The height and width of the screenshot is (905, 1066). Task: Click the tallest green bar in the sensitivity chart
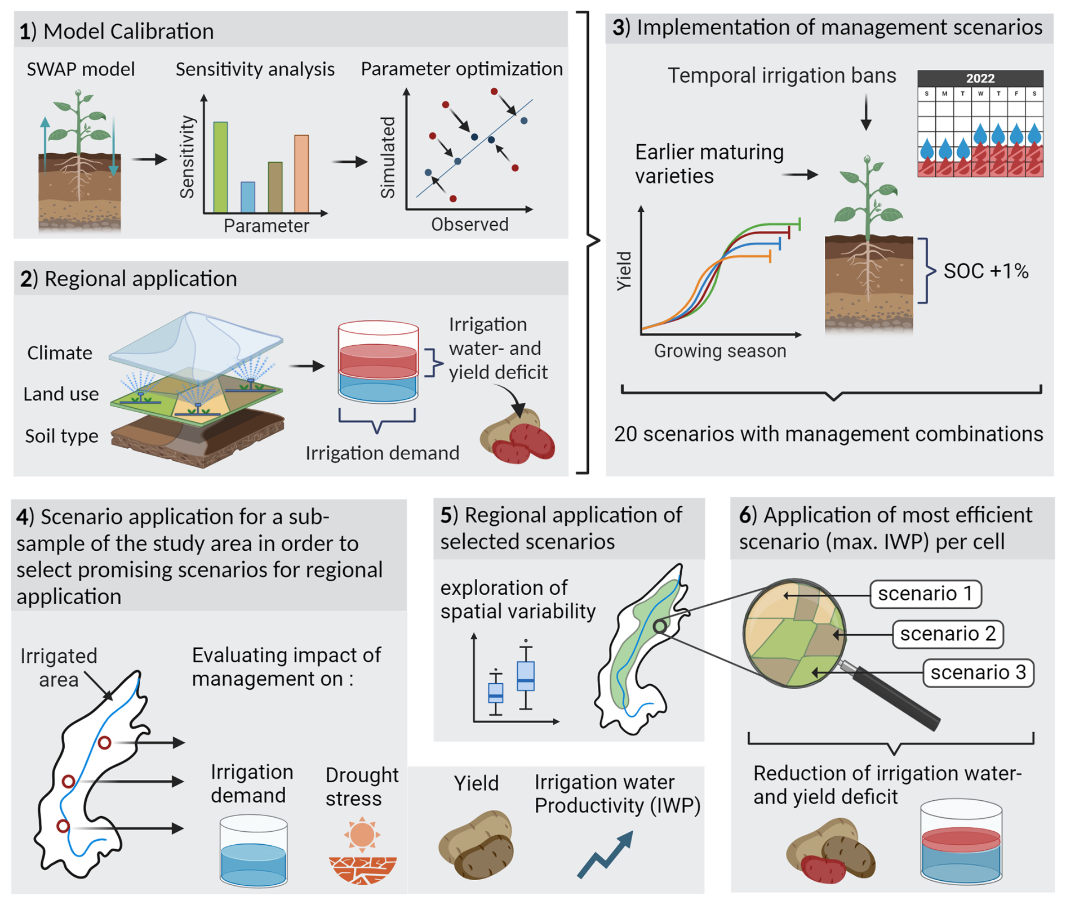(x=220, y=167)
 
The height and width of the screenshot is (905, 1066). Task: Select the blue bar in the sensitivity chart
(x=247, y=197)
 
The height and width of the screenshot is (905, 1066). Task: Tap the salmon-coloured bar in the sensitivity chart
(x=301, y=173)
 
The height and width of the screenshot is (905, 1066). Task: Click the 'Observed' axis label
(x=469, y=224)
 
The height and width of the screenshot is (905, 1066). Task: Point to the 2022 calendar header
(x=980, y=78)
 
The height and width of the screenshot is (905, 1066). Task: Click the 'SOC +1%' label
(x=985, y=271)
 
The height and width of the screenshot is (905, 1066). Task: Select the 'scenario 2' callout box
(x=948, y=634)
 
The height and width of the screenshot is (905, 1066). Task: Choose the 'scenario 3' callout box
(x=978, y=672)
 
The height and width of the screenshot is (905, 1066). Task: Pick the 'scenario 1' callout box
(x=925, y=594)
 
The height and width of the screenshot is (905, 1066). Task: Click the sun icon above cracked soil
(x=362, y=834)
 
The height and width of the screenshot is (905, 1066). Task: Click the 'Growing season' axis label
(x=719, y=351)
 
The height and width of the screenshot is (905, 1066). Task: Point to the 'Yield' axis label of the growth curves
(x=624, y=271)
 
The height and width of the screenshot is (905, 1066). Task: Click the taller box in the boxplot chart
(x=526, y=676)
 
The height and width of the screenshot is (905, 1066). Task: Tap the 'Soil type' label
(x=61, y=436)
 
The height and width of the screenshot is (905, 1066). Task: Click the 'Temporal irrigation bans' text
(x=781, y=75)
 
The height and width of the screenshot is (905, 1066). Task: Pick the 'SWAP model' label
(x=81, y=69)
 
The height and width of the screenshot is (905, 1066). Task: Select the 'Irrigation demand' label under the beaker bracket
(x=382, y=453)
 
